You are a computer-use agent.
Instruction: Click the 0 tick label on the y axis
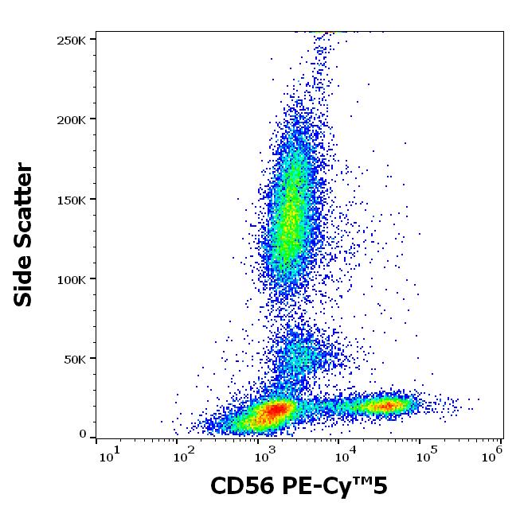click(83, 434)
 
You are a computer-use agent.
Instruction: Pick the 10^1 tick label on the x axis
click(109, 456)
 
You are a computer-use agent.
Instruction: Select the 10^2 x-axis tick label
click(186, 456)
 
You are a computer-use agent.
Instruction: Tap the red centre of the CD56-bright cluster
click(387, 406)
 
